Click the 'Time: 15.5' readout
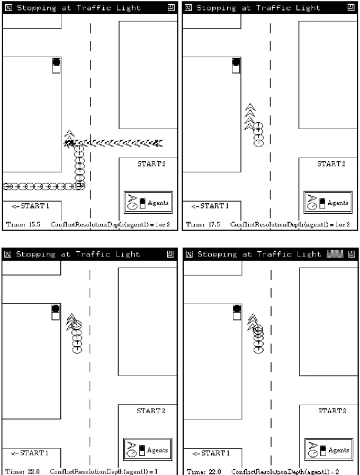click(23, 224)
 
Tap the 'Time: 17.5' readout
click(203, 224)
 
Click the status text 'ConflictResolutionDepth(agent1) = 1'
click(104, 471)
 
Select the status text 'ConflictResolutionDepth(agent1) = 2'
click(285, 471)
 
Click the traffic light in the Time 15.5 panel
click(56, 66)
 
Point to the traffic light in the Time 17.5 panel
click(236, 66)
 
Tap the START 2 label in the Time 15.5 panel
click(151, 164)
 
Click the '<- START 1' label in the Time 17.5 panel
click(210, 206)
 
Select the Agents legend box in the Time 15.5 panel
click(148, 202)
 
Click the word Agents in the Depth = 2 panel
click(338, 450)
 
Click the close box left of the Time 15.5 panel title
click(8, 7)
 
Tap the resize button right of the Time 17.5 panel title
click(351, 7)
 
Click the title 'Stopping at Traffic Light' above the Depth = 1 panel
click(78, 254)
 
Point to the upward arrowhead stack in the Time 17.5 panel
click(249, 117)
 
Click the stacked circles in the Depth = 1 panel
click(77, 337)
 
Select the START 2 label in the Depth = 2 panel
click(332, 411)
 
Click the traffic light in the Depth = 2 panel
click(237, 312)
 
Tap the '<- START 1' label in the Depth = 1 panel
click(30, 453)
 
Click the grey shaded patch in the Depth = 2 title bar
click(335, 254)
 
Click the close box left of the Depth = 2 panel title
click(189, 254)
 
